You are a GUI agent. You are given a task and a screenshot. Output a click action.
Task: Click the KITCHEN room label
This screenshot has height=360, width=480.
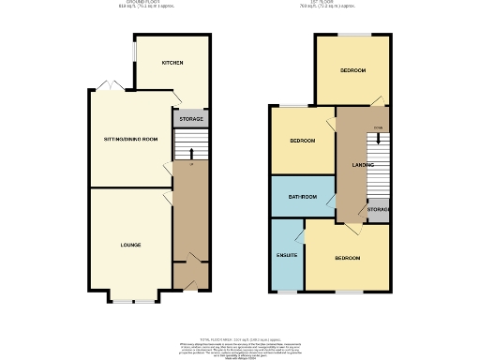[x=172, y=63]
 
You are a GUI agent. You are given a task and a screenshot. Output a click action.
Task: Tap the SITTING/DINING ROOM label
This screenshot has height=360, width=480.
[x=130, y=139]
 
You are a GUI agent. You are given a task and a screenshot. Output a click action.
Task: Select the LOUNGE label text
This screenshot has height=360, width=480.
[x=130, y=245]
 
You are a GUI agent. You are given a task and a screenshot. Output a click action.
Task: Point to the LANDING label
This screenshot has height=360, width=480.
[x=351, y=165]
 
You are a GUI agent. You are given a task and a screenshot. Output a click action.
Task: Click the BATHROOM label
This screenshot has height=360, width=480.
[x=302, y=197]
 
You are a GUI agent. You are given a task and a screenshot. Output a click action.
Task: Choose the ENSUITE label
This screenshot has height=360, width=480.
[x=287, y=255]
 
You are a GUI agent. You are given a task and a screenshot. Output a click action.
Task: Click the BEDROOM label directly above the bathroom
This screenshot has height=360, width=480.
[x=302, y=141]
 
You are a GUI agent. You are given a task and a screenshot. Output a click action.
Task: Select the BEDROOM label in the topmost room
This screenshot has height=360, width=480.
[x=352, y=70]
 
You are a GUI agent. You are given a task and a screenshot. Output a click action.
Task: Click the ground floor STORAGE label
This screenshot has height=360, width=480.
[x=191, y=120]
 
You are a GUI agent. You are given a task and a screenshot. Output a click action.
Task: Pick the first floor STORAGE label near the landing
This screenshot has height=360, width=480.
[x=379, y=209]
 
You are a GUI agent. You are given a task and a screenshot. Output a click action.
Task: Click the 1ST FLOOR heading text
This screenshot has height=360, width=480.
[x=337, y=4]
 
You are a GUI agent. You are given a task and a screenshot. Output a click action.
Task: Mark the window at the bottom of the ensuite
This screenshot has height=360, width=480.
[x=286, y=292]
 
